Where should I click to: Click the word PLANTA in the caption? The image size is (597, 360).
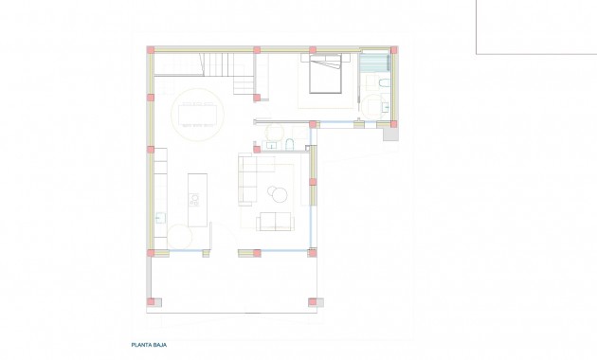pos(141,346)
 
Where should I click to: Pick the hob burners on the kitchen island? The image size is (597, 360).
pos(195,199)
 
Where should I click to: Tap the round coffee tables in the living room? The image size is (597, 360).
pos(278,194)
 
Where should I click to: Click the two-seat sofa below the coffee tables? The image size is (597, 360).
pos(276,222)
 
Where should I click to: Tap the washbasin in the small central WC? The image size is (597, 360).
pos(271,146)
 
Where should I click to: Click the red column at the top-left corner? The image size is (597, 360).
pos(150,49)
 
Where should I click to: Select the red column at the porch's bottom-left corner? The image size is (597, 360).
pos(150,302)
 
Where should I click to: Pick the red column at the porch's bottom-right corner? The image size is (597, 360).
pos(313,302)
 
